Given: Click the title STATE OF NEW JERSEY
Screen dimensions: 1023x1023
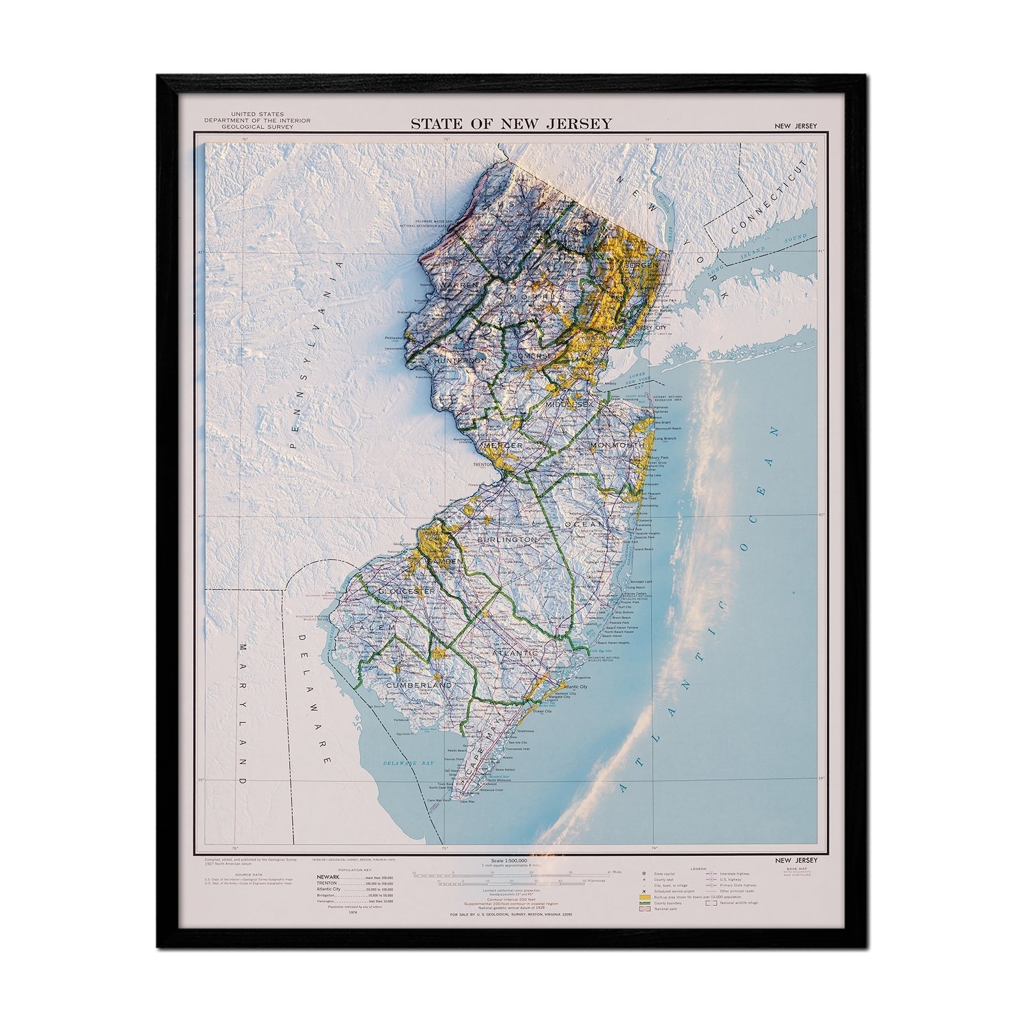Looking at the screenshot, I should pos(511,123).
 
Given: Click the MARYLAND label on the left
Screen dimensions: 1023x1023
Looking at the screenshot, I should pos(244,715).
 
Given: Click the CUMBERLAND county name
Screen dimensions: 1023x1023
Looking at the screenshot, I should pos(419,685).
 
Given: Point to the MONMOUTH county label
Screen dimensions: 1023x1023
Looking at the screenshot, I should pos(617,444).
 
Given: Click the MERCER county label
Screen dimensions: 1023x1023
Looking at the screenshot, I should pos(505,444).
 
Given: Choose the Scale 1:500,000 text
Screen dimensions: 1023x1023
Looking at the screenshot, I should pos(510,861).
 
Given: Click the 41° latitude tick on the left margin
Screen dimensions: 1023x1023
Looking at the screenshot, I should pos(200,253).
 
